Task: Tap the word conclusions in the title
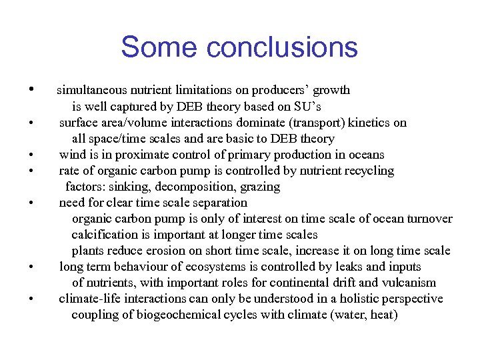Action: pos(283,48)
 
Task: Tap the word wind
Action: pos(72,155)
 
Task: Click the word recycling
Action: pos(368,171)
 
